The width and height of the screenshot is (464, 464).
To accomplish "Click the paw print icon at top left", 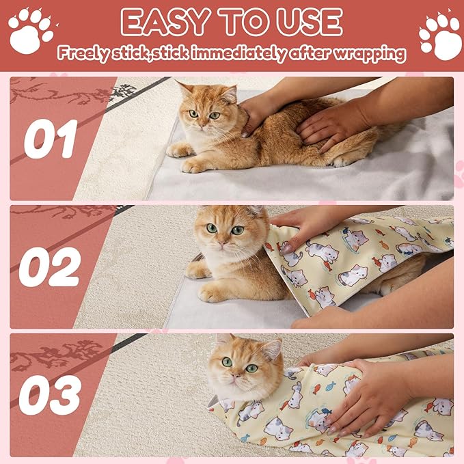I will coord(30,30).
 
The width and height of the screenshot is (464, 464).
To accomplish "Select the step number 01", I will coord(51,139).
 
